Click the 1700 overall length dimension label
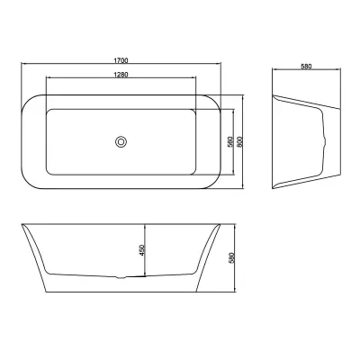121,60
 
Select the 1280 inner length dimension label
121,75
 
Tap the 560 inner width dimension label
230,141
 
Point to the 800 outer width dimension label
239,141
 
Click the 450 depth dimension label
142,250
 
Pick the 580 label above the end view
306,67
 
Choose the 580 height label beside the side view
231,258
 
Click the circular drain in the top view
121,141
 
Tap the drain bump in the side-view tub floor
121,277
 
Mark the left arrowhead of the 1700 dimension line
23,64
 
